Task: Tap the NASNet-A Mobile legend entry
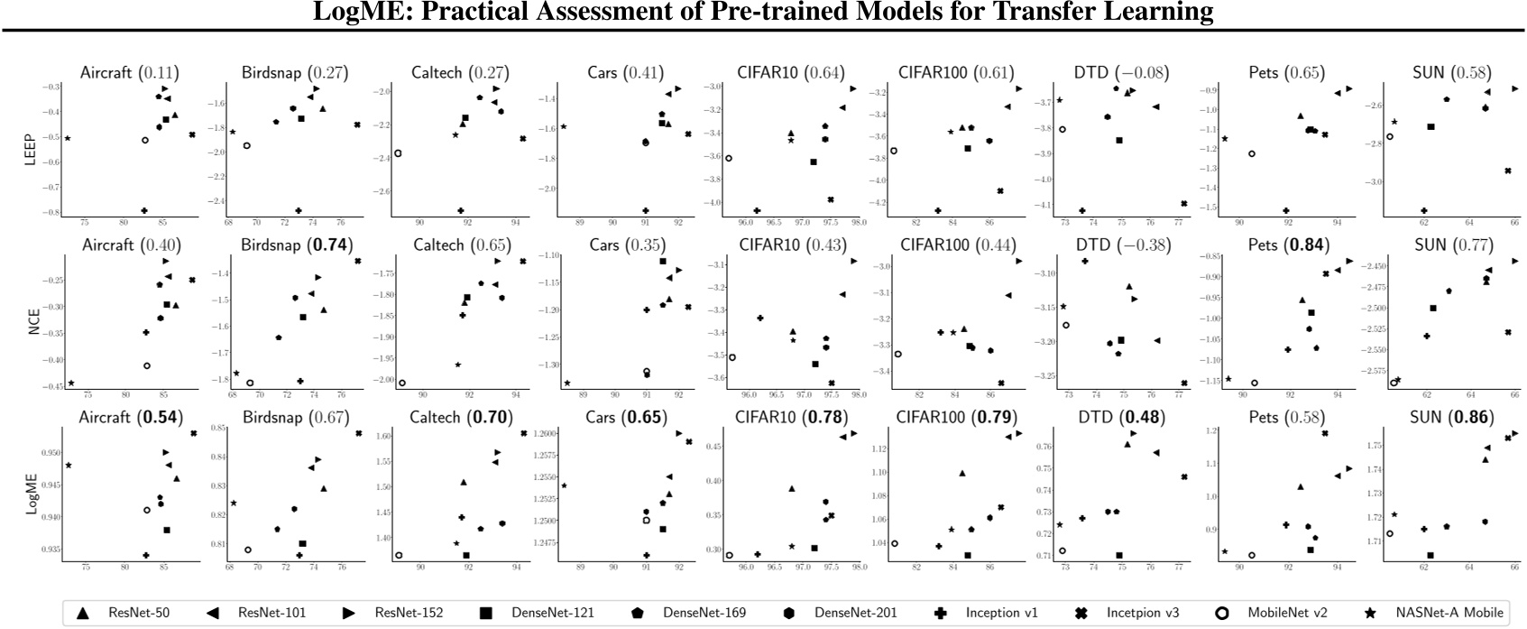tap(1434, 613)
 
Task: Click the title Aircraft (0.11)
tap(129, 73)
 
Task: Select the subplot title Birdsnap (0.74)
tap(297, 245)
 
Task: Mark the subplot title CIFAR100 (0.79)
tap(956, 418)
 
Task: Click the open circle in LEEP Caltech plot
tap(398, 153)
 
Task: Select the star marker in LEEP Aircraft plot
tap(68, 138)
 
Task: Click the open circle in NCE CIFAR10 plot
tap(732, 357)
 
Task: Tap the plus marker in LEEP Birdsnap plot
tap(298, 210)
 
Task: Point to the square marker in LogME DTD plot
tap(1119, 555)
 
